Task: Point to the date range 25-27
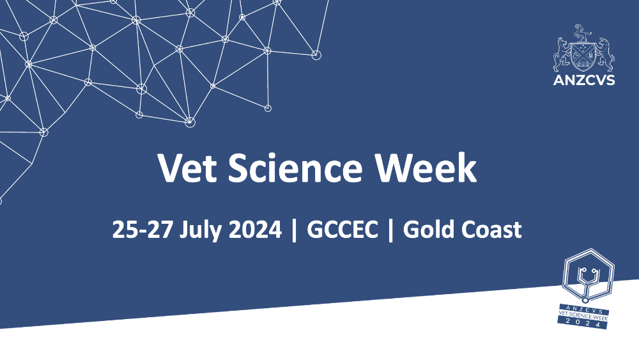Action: point(142,229)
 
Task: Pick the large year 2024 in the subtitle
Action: point(255,229)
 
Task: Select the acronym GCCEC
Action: point(343,229)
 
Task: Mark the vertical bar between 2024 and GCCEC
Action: point(294,230)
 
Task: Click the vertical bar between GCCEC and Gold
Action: point(391,230)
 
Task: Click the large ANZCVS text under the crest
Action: point(584,80)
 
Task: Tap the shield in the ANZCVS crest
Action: point(584,56)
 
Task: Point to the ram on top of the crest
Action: point(581,33)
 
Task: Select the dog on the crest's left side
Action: point(562,55)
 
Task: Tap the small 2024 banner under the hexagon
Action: point(583,324)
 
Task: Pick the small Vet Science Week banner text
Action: point(583,315)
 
